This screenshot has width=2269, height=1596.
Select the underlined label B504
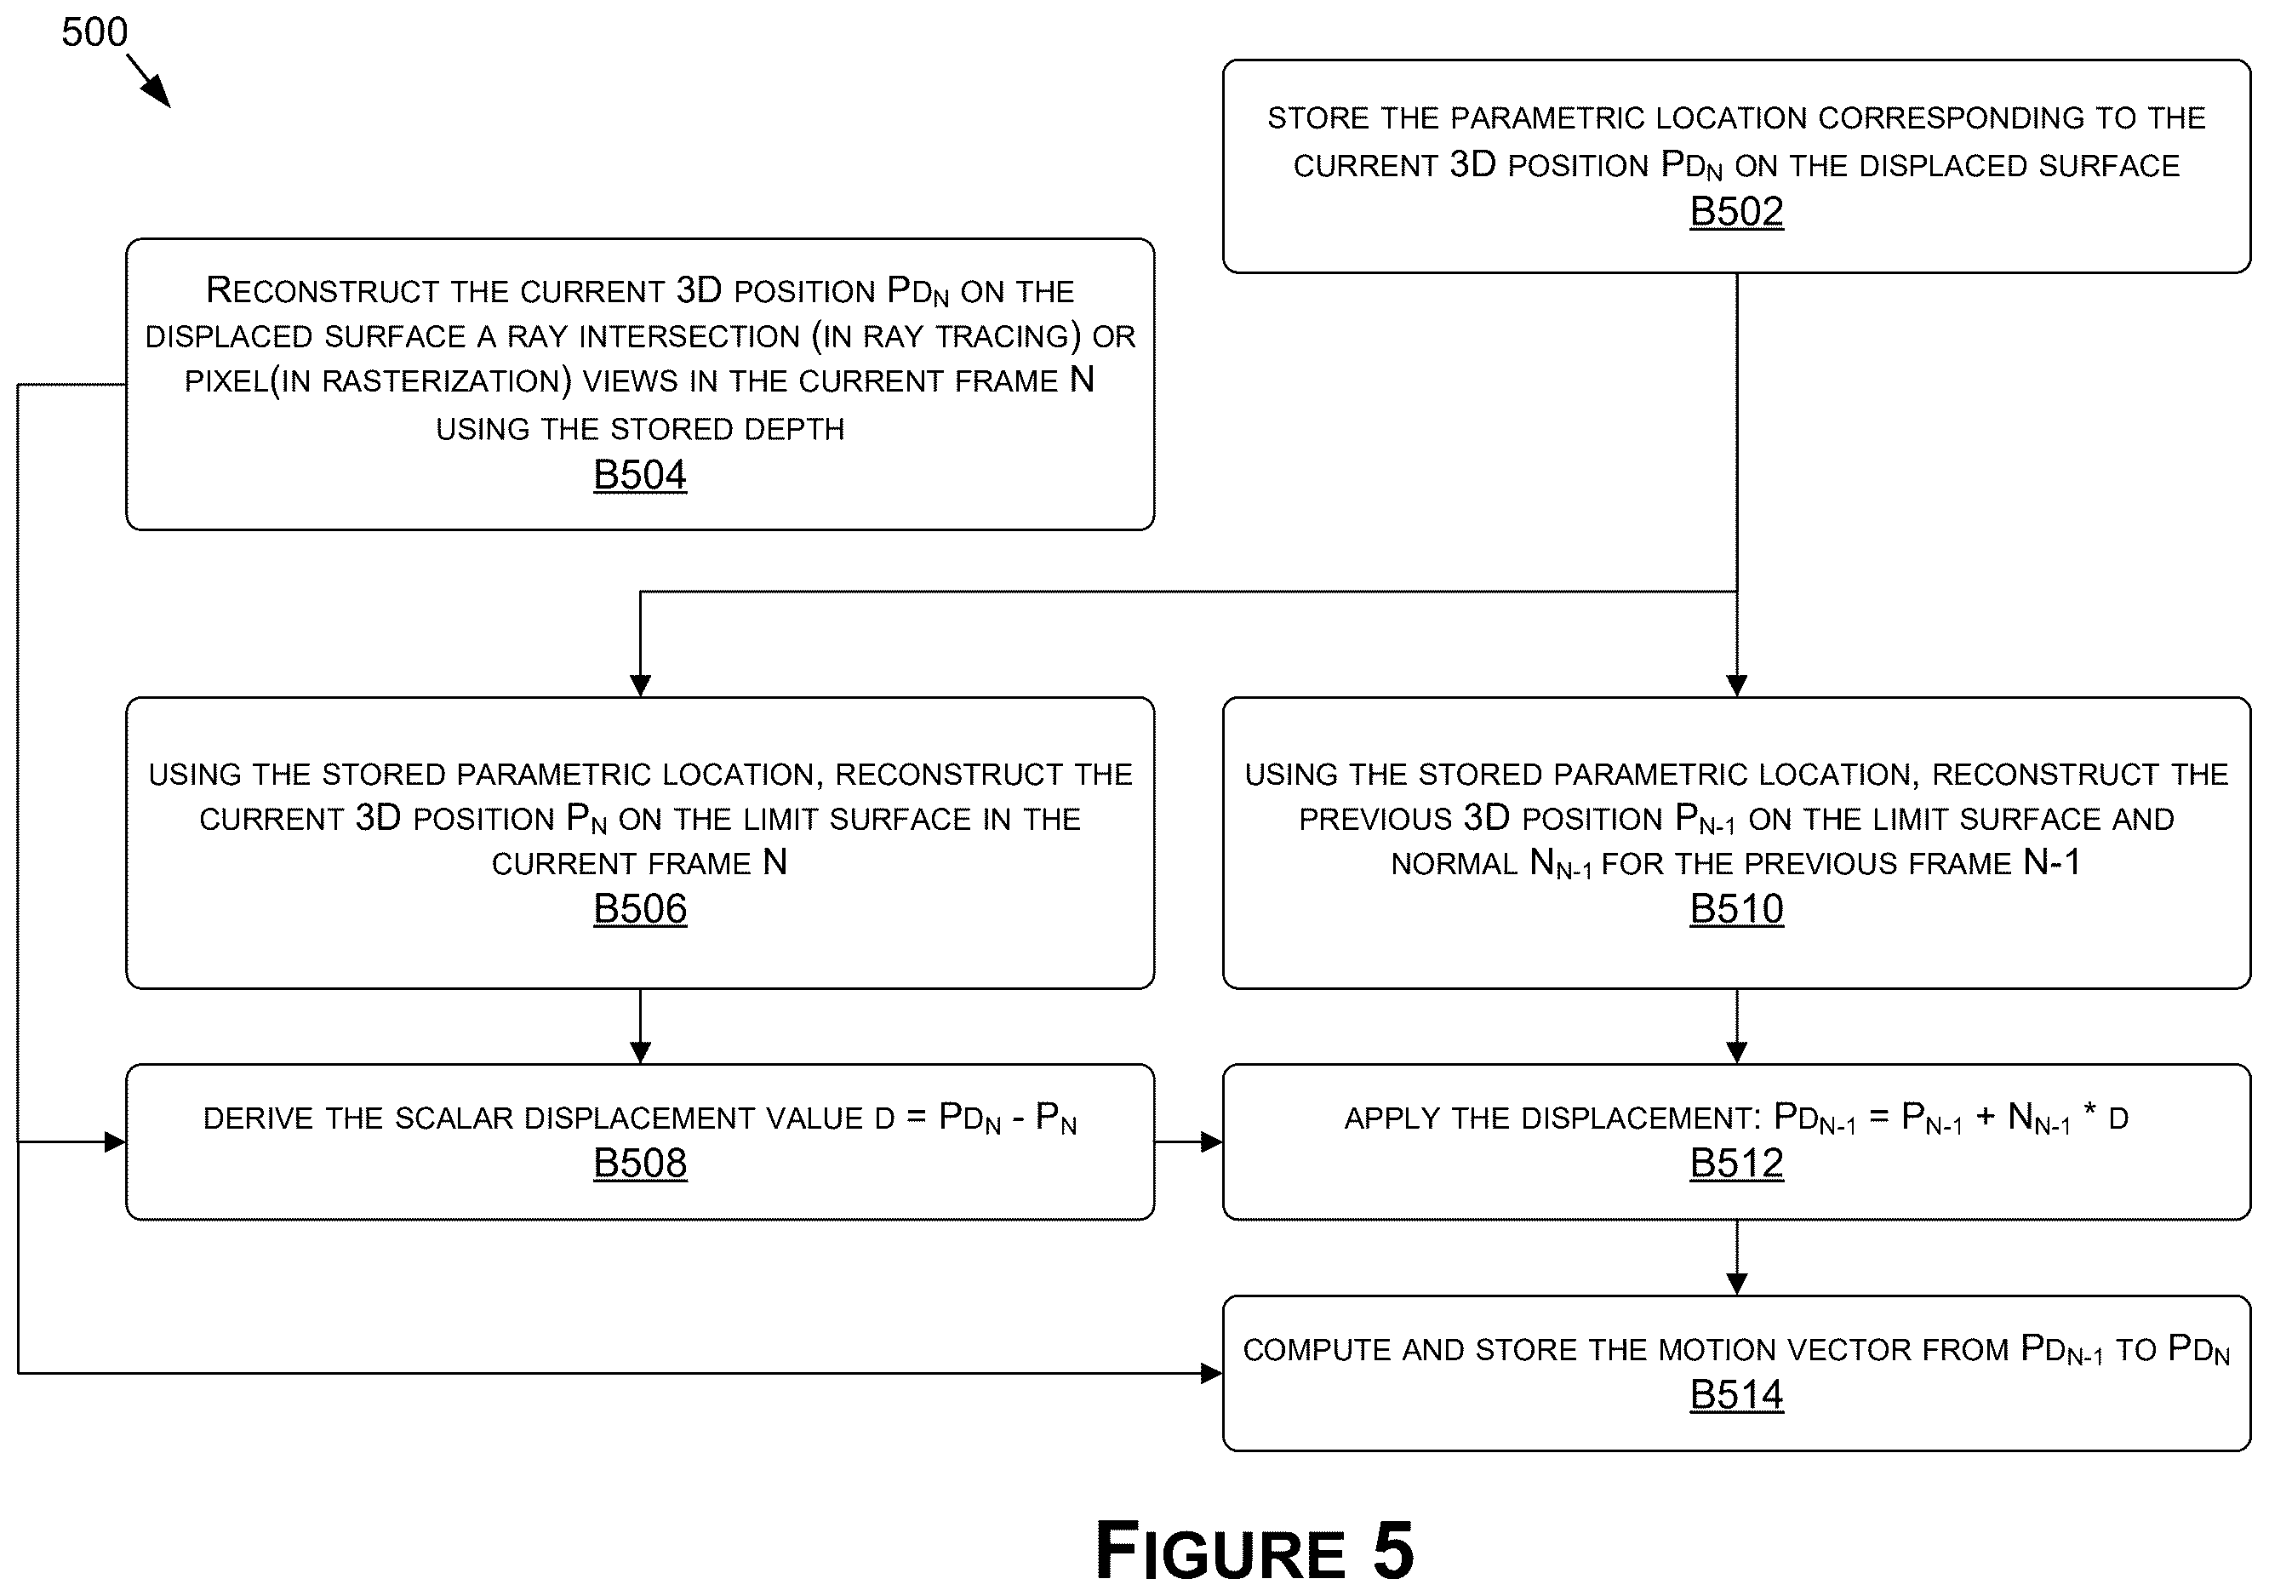(639, 475)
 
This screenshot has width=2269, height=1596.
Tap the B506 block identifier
(639, 909)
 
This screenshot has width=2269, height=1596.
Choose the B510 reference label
(1736, 909)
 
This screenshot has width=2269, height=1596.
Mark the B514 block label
(1736, 1395)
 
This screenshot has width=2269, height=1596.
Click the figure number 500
(94, 32)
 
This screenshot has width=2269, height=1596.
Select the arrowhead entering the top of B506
(640, 686)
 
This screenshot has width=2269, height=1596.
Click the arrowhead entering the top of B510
(1736, 686)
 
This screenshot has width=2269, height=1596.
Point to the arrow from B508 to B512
(1189, 1142)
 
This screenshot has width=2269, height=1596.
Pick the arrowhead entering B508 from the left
(115, 1142)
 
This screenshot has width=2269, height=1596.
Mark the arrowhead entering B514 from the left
(1212, 1374)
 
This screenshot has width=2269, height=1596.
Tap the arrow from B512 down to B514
(1736, 1258)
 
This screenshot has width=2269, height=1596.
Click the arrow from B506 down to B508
(640, 1027)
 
